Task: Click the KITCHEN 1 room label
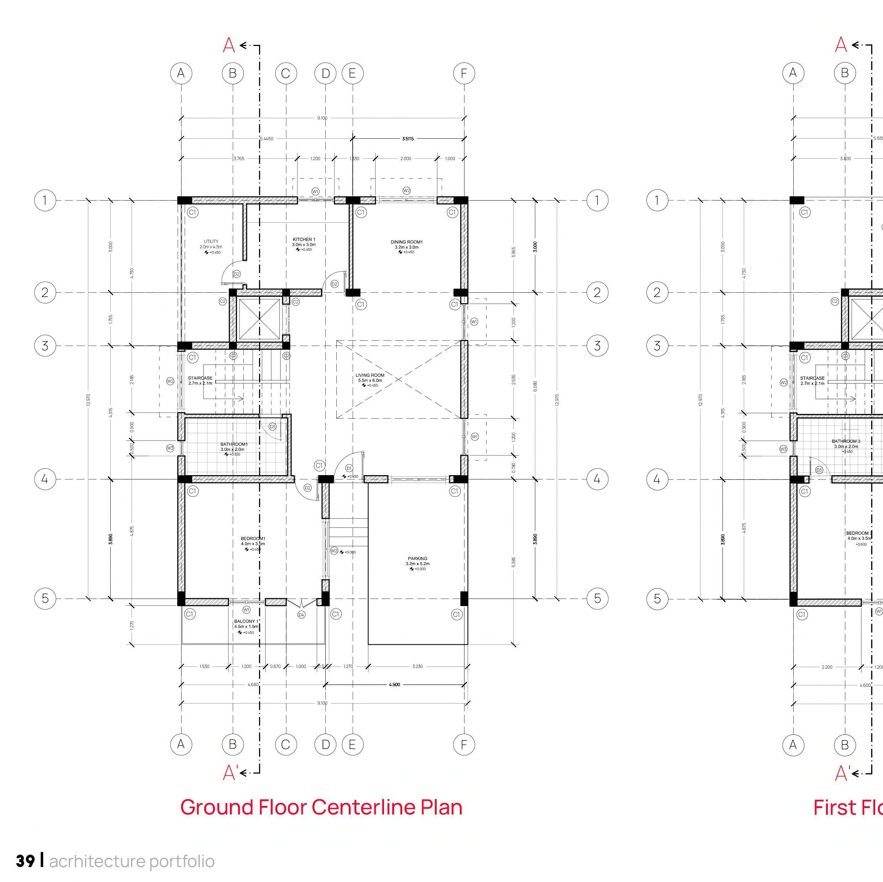coord(304,239)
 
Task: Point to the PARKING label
coord(417,558)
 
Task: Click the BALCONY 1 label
coord(246,621)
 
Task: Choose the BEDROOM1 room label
coord(253,538)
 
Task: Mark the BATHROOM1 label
coord(233,444)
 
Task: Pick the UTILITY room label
coord(211,241)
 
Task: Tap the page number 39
coord(25,861)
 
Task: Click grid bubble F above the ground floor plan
coord(464,73)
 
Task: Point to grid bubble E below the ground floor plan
coord(352,744)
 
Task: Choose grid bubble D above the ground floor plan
coord(325,73)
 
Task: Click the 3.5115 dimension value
coord(408,138)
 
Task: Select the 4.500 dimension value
coord(394,684)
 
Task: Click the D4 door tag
coord(301,615)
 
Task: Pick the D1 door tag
coord(349,468)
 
